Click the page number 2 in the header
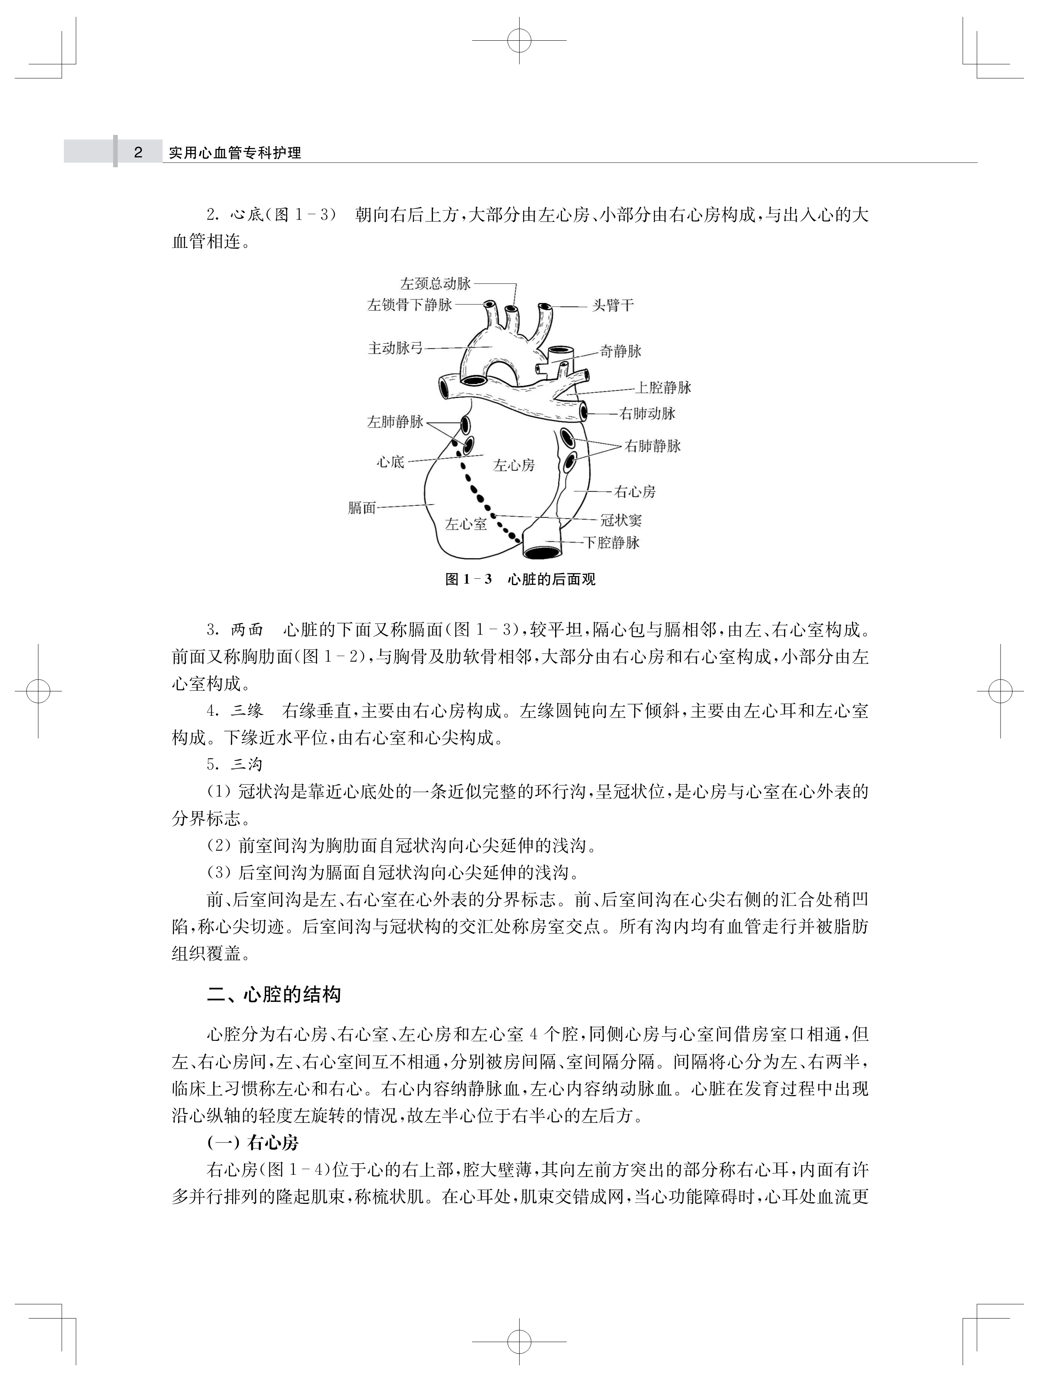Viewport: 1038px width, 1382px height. click(x=138, y=152)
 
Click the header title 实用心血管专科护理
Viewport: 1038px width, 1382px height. click(x=235, y=153)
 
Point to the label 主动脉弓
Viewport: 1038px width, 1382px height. click(x=395, y=348)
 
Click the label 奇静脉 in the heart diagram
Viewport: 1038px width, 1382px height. click(x=621, y=351)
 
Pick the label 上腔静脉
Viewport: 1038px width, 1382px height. click(x=663, y=388)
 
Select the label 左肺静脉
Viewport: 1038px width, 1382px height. click(x=395, y=422)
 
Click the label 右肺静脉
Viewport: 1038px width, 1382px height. click(x=653, y=446)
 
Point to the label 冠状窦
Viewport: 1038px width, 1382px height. click(x=621, y=521)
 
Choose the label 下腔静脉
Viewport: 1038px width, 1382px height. click(x=612, y=543)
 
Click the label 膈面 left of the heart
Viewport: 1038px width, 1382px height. click(x=362, y=508)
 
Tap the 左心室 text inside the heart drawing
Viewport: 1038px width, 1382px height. click(x=466, y=524)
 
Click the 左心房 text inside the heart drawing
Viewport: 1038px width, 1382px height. click(x=514, y=465)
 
